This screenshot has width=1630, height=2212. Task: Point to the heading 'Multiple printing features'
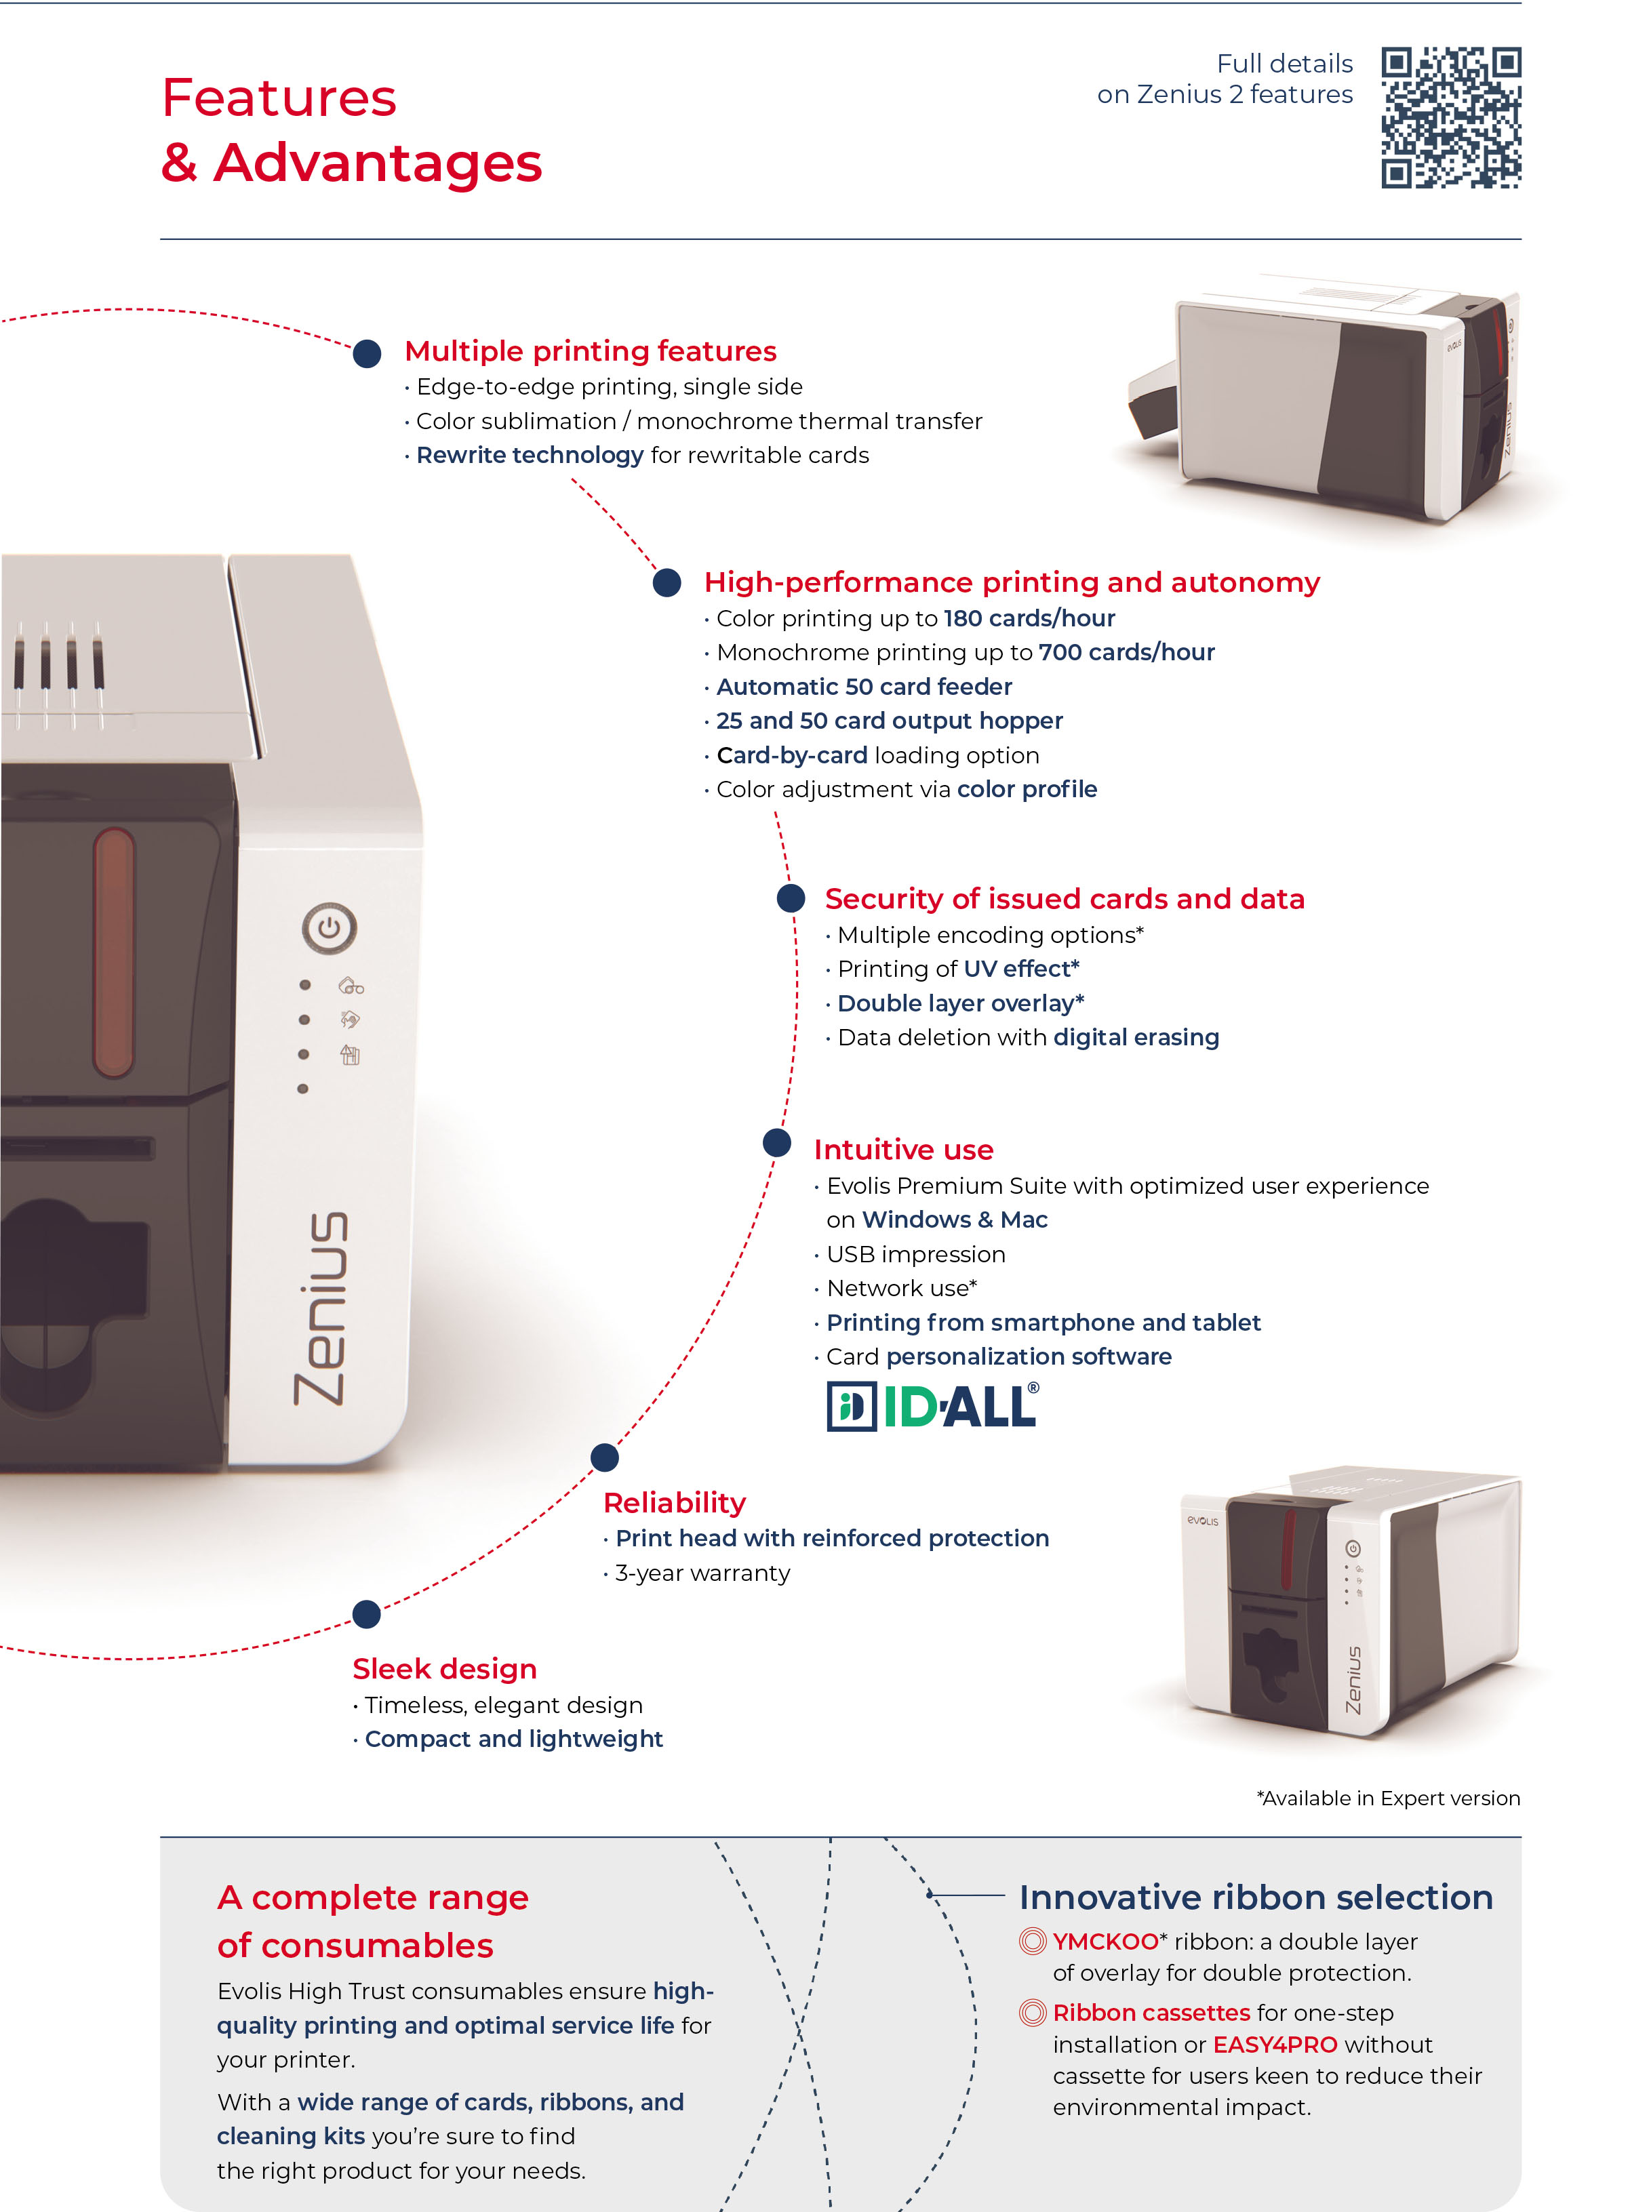pos(590,351)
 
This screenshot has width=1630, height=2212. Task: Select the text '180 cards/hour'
pos(1029,619)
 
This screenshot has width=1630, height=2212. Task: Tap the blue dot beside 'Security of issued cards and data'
pos(791,898)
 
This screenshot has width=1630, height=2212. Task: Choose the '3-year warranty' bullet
pos(702,1573)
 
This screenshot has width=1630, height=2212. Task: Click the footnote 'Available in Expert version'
pos(1388,1798)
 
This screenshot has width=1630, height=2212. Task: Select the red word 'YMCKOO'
pos(1105,1942)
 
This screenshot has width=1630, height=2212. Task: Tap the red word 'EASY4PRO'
pos(1275,2045)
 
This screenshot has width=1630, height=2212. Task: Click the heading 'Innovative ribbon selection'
pos(1255,1897)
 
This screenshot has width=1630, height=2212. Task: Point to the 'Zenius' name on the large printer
pos(321,1307)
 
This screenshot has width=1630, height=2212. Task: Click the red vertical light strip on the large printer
pos(115,952)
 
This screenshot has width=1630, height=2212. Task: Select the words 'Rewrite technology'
pos(530,455)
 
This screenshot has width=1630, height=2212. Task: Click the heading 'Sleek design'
pos(445,1668)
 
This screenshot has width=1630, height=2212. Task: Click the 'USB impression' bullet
pos(915,1254)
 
